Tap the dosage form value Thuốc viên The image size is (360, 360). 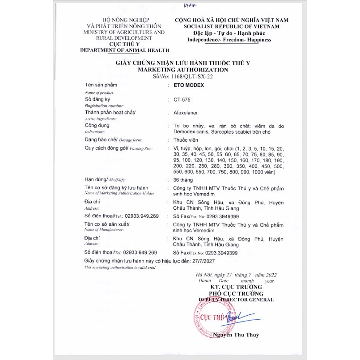pyautogui.click(x=186, y=140)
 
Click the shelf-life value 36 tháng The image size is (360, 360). pyautogui.click(x=183, y=179)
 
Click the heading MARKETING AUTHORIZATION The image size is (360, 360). pyautogui.click(x=183, y=70)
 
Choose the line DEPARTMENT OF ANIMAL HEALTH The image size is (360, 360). pyautogui.click(x=124, y=51)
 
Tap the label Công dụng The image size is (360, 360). pyautogui.click(x=97, y=126)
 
